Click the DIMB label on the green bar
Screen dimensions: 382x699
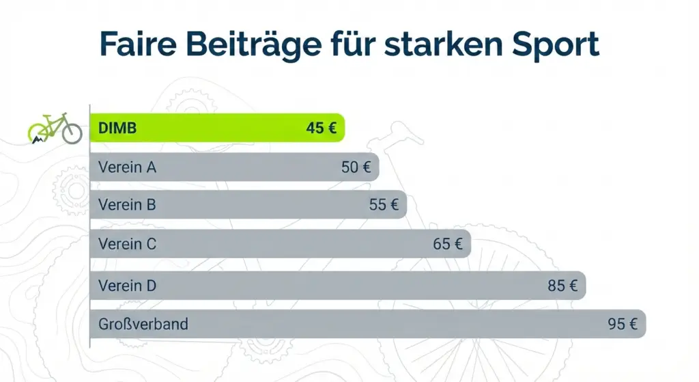117,128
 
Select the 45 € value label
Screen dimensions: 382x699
322,128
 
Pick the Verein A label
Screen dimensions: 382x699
127,167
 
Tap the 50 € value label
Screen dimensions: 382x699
356,167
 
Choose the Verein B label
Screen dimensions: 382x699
127,204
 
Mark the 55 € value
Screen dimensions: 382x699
384,204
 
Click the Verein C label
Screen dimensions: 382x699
127,243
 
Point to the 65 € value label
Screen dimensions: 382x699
448,243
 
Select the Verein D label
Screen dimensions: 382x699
127,286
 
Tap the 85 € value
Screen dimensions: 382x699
562,286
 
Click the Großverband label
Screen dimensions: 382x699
143,324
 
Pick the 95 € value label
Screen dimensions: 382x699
623,324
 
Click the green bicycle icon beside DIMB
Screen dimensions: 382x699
55,128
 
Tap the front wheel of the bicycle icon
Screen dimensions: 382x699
72,133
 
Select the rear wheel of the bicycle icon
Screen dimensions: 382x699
38,133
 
